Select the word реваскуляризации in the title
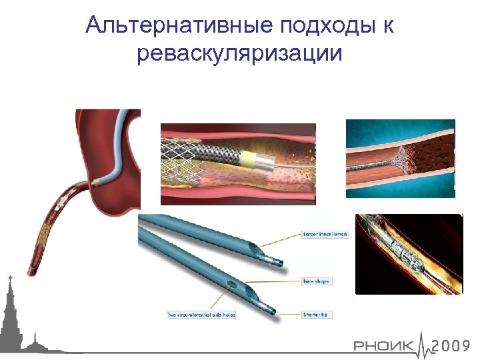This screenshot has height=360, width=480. [x=239, y=53]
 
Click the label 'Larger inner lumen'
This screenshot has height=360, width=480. [x=325, y=235]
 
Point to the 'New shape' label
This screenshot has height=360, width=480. [x=317, y=281]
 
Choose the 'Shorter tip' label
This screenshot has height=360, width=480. [x=317, y=314]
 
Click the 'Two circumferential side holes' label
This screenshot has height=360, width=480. [x=201, y=314]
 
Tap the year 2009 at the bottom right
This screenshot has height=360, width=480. [x=451, y=346]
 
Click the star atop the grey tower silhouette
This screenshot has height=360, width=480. [x=9, y=276]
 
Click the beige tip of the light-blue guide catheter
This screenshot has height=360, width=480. [x=97, y=180]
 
